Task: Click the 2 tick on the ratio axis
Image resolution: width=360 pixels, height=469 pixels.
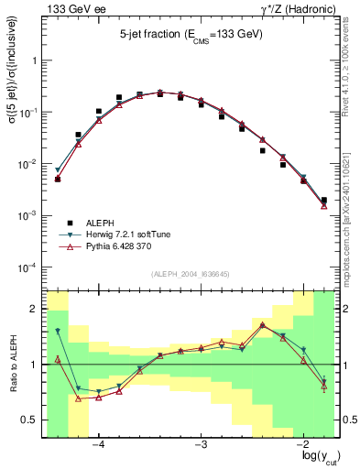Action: [35, 309]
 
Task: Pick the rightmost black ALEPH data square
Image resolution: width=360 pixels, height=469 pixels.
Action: [324, 200]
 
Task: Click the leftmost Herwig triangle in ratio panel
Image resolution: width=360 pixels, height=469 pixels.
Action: [57, 331]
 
